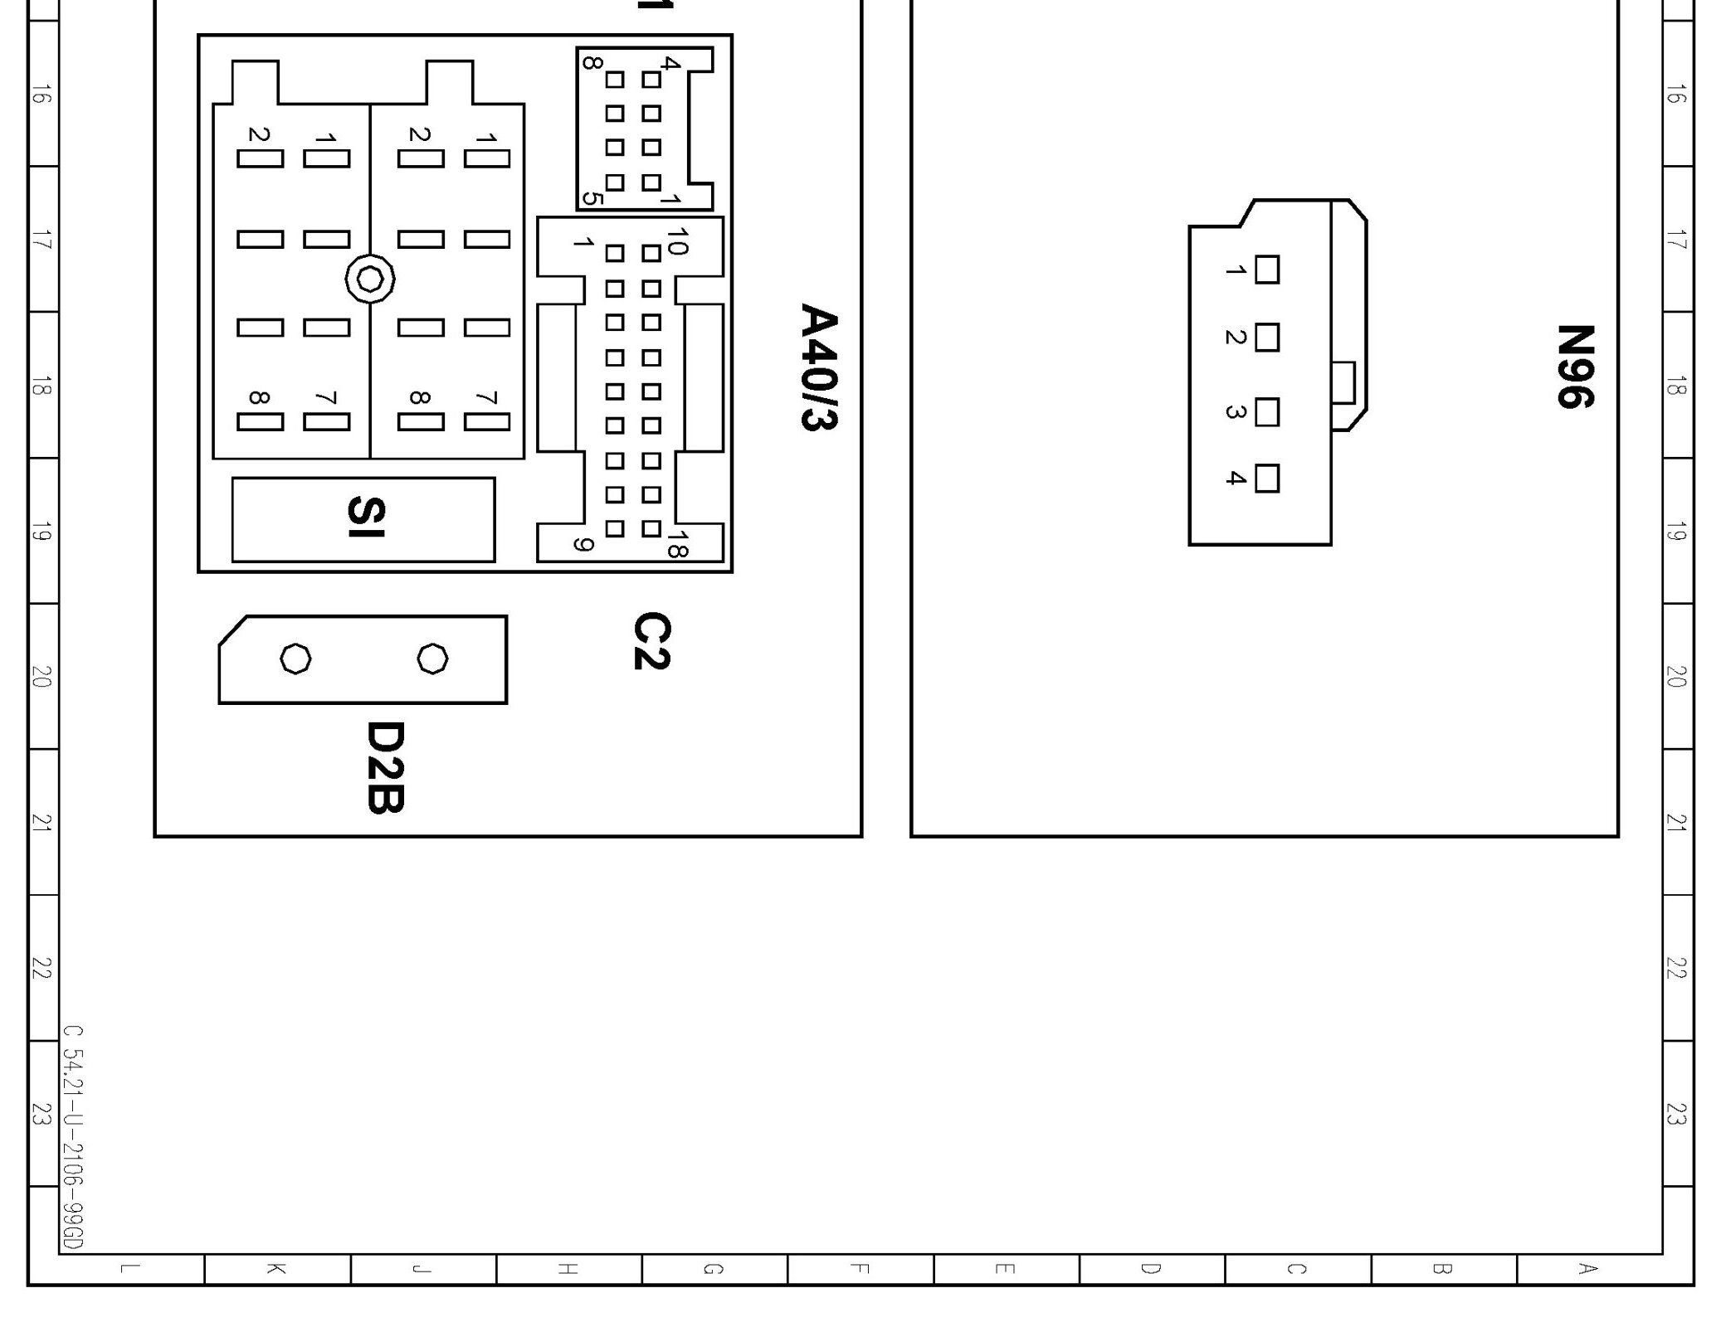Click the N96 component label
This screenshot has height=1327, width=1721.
pyautogui.click(x=1574, y=367)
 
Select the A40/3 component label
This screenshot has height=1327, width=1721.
pyautogui.click(x=818, y=367)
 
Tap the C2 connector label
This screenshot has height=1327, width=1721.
pyautogui.click(x=651, y=640)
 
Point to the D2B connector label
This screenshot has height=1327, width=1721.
pyautogui.click(x=385, y=767)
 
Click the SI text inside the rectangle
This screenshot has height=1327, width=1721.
pyautogui.click(x=365, y=518)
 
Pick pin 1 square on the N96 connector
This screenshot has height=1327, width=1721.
pyautogui.click(x=1266, y=270)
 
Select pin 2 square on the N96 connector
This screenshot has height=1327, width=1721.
pyautogui.click(x=1266, y=338)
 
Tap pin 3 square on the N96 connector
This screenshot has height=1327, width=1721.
pyautogui.click(x=1266, y=412)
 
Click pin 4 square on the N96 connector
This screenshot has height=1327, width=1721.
pyautogui.click(x=1266, y=479)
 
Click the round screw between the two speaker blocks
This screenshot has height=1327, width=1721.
pyautogui.click(x=370, y=279)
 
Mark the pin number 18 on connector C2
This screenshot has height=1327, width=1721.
pyautogui.click(x=677, y=544)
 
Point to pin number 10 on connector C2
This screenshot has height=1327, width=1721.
pyautogui.click(x=677, y=241)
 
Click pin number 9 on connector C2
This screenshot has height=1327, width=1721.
pyautogui.click(x=583, y=545)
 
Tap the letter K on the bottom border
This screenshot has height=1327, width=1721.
pyautogui.click(x=276, y=1269)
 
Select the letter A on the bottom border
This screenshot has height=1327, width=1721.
pyautogui.click(x=1587, y=1269)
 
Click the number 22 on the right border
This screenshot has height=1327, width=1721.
pyautogui.click(x=1676, y=968)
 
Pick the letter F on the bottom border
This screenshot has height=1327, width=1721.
pyautogui.click(x=860, y=1269)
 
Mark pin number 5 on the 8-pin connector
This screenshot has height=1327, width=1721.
pyautogui.click(x=591, y=198)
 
